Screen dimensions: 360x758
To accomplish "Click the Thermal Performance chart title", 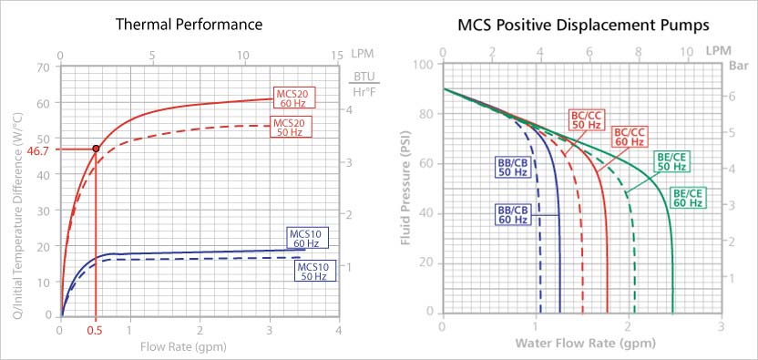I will pyautogui.click(x=189, y=24).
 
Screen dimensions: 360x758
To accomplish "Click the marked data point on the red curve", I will pyautogui.click(x=96, y=149).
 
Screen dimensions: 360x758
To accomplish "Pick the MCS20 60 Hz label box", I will pyautogui.click(x=293, y=99).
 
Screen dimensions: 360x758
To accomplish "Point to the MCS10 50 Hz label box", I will pyautogui.click(x=316, y=271).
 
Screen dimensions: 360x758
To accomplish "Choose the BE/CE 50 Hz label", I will pyautogui.click(x=671, y=161).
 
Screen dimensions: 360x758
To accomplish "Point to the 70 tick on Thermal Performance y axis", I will pyautogui.click(x=43, y=68).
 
